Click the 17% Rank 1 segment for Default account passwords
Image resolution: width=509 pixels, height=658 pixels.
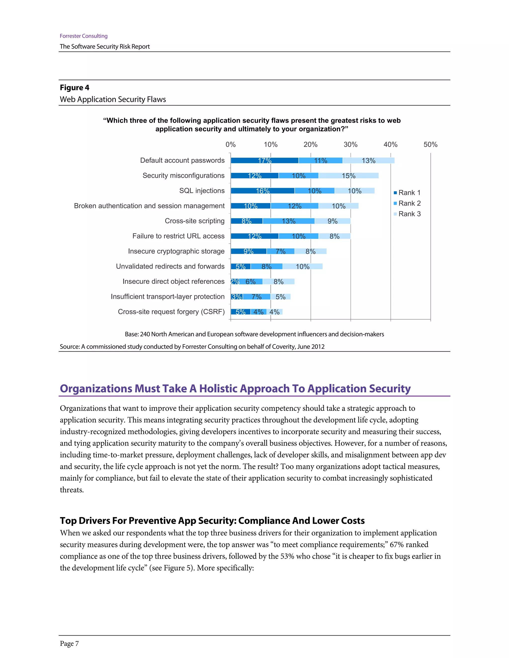[x=264, y=161]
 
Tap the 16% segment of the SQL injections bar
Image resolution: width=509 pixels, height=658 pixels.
[x=262, y=191]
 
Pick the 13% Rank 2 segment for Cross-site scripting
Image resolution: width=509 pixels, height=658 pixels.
[x=288, y=221]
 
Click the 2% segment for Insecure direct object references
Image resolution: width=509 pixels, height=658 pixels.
[x=235, y=282]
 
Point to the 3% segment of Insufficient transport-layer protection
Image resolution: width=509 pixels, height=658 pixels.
[x=236, y=297]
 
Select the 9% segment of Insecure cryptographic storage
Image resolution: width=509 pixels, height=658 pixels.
[x=249, y=251]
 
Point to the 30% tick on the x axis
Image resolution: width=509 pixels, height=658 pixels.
[x=350, y=145]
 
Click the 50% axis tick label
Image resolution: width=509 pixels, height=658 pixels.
[x=430, y=145]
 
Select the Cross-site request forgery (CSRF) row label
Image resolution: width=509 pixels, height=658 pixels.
[x=171, y=312]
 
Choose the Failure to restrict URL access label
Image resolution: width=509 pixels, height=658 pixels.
[x=178, y=236]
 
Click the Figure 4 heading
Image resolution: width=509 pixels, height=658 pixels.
[x=75, y=88]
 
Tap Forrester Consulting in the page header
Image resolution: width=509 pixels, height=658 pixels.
[x=84, y=36]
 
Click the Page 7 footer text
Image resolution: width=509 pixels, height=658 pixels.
[x=69, y=644]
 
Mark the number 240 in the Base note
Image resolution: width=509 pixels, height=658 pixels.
[x=145, y=334]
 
